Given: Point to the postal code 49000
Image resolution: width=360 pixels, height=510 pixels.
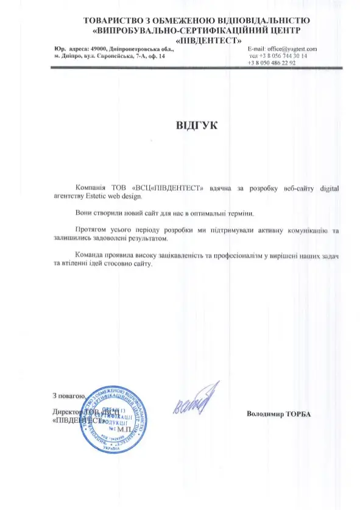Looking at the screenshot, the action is click(97, 48).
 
